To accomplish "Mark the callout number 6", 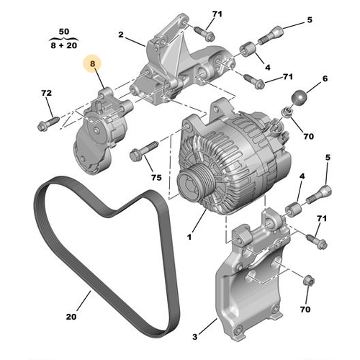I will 324,78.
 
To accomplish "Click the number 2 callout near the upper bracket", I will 121,34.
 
